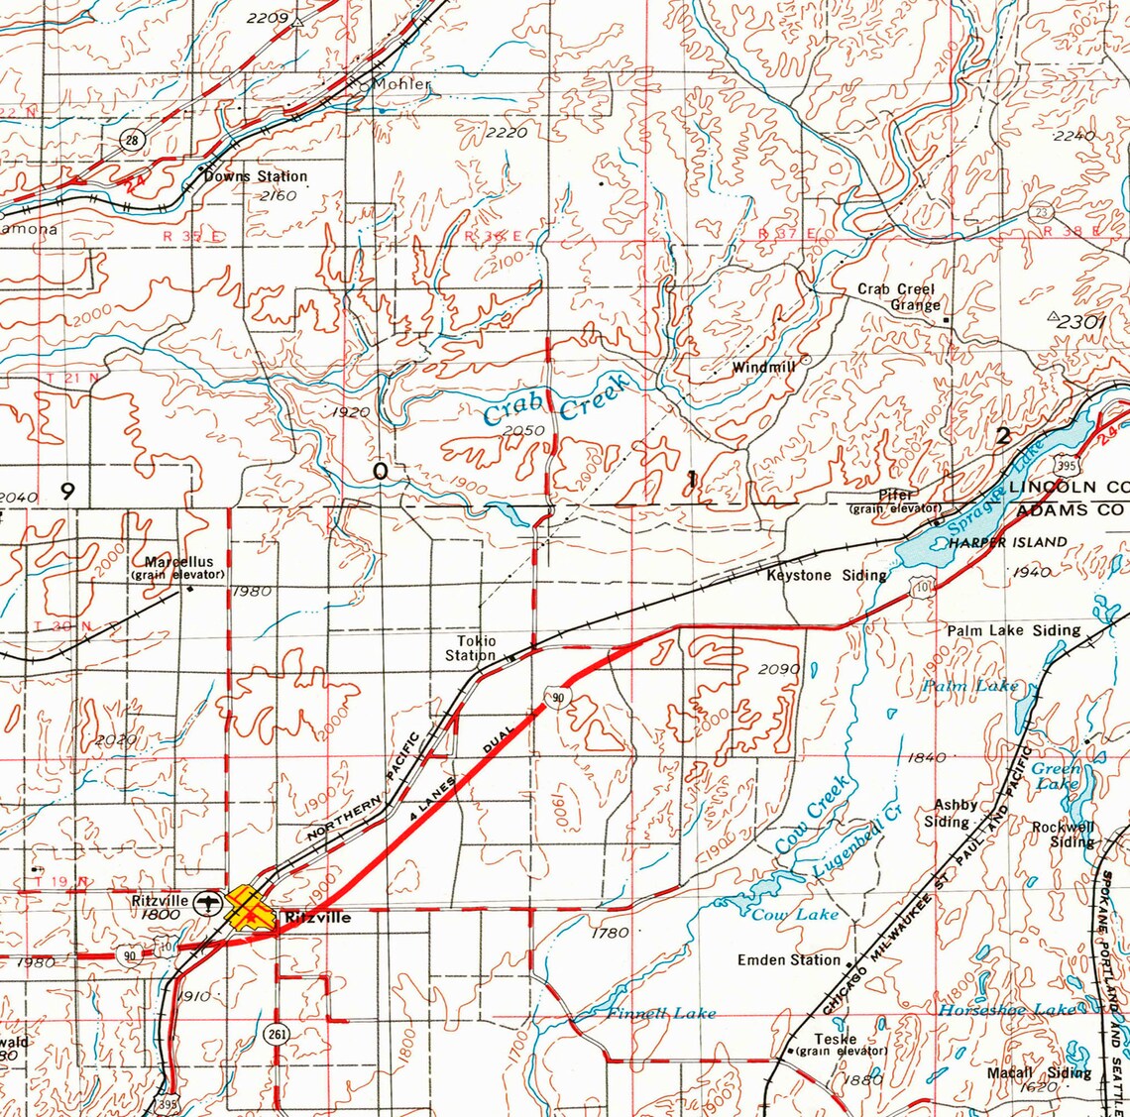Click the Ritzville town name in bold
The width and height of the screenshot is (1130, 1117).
click(317, 918)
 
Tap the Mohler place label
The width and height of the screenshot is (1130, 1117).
click(402, 84)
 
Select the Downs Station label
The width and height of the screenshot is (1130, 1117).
click(256, 176)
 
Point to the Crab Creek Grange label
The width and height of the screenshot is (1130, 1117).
click(897, 297)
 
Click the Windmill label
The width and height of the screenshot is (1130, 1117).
click(764, 368)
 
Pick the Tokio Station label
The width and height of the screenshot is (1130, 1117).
click(471, 648)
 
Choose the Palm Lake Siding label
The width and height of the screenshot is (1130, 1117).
click(1014, 630)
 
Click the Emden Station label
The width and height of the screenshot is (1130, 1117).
click(789, 959)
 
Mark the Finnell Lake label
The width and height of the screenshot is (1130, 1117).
click(661, 1013)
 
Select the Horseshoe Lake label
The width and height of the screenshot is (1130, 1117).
click(1007, 1009)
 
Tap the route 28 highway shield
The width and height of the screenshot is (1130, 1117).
click(132, 141)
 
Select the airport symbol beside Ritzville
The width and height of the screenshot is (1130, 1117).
click(207, 902)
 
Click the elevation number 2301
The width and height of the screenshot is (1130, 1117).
click(1080, 322)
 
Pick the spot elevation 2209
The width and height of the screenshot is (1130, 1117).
click(267, 18)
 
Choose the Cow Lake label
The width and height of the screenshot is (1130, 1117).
click(795, 914)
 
